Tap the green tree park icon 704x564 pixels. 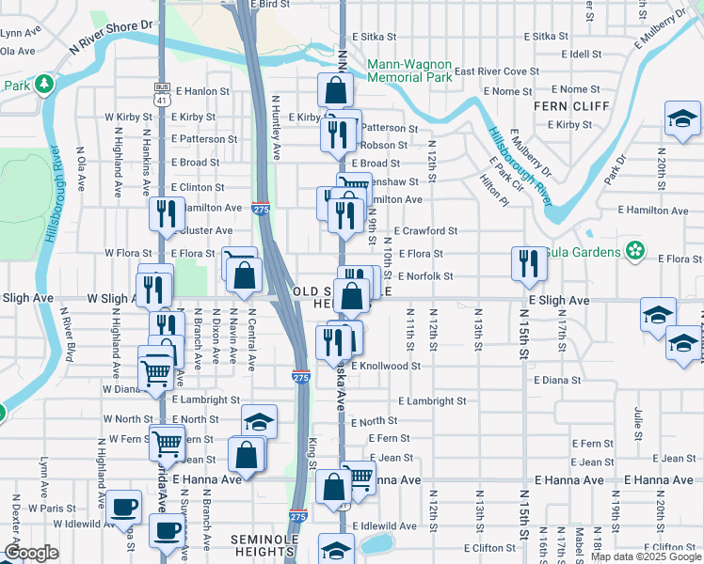[43, 86]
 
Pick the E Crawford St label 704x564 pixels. [425, 230]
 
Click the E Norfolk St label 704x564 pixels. [425, 276]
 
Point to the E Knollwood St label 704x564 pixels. [385, 366]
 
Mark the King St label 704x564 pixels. [312, 452]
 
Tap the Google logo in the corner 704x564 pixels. [31, 552]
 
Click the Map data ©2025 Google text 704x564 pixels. [646, 556]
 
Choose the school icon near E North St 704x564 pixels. [260, 420]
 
